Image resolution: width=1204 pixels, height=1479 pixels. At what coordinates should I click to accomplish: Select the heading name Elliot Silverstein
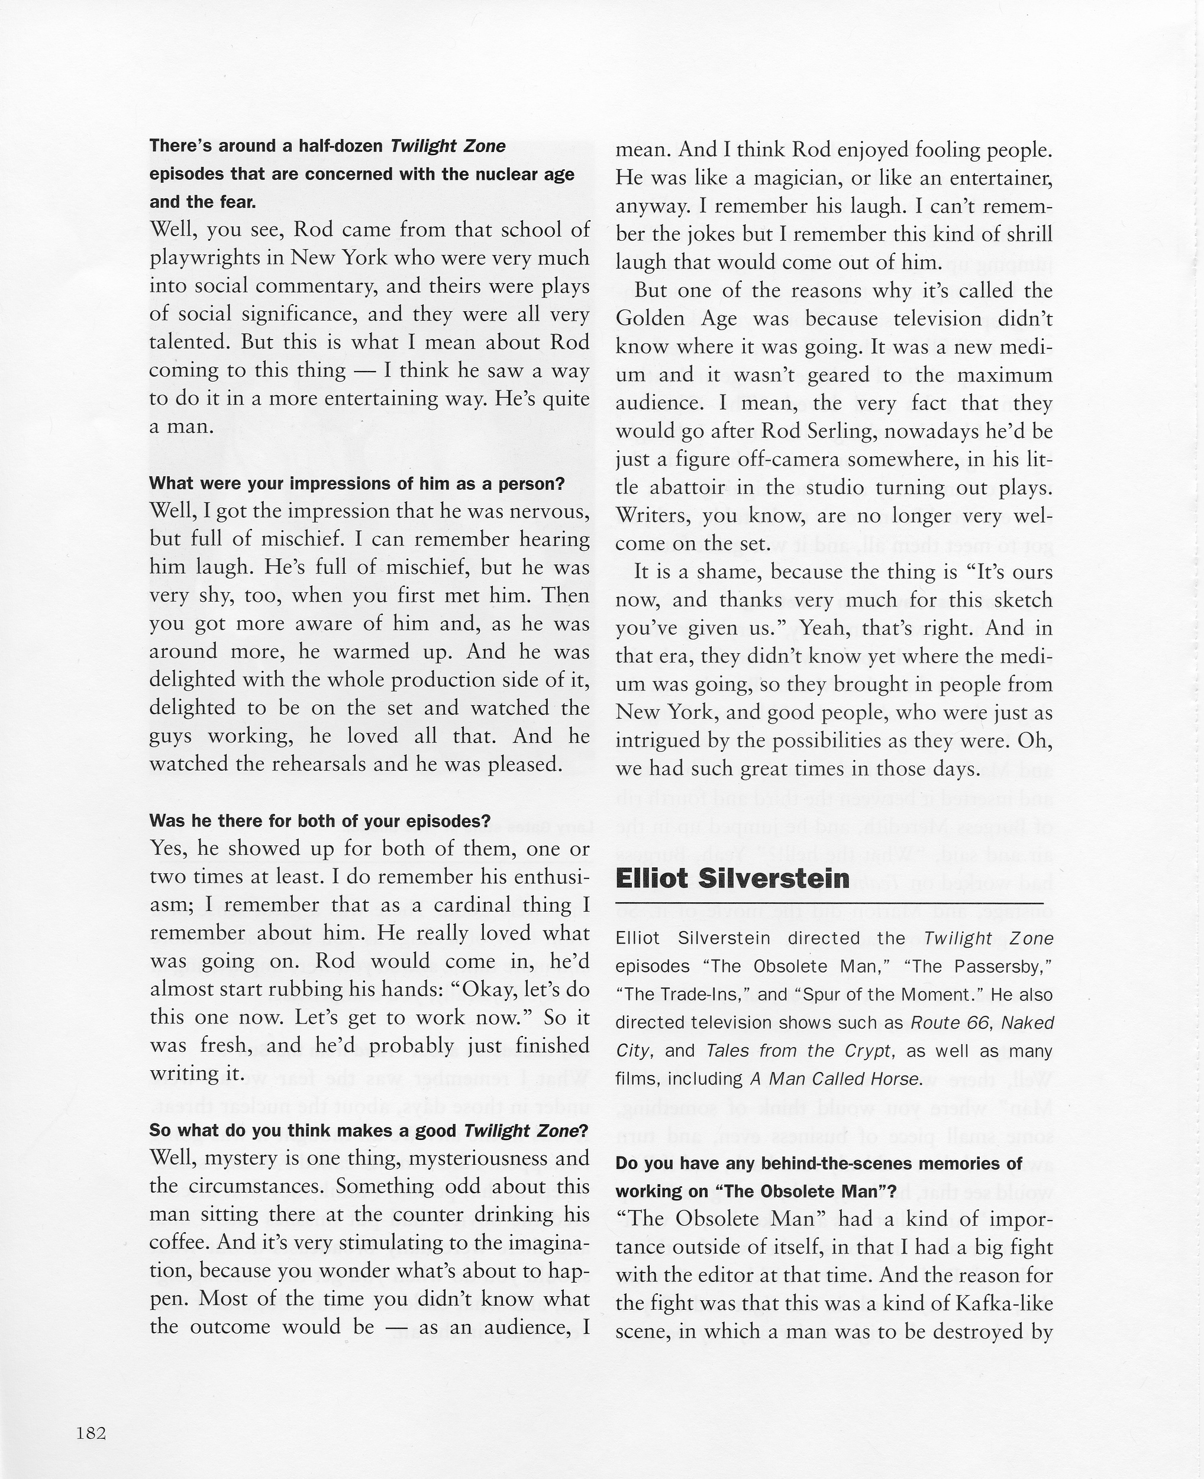click(x=732, y=879)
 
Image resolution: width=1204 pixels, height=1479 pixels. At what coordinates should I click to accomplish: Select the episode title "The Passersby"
click(x=1003, y=966)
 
